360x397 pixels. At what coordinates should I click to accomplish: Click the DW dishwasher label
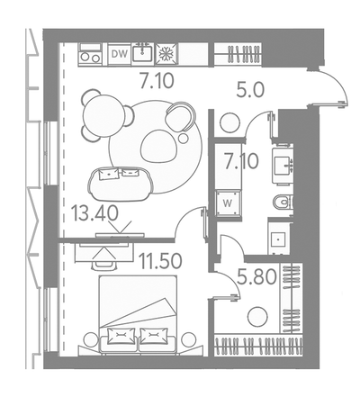click(120, 54)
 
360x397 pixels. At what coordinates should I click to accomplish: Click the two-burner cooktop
click(90, 55)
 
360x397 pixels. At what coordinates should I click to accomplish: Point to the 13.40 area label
click(94, 214)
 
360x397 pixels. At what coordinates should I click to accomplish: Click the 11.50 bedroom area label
click(161, 260)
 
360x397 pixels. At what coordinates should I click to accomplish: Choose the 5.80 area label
click(256, 277)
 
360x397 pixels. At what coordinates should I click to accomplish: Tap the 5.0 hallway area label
click(250, 90)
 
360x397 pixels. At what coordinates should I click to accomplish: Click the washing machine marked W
click(229, 203)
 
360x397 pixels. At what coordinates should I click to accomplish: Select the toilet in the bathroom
click(283, 202)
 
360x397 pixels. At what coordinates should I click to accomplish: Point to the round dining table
click(103, 115)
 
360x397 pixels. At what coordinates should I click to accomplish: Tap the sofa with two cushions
click(121, 184)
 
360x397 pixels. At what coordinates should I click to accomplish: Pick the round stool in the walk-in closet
click(257, 316)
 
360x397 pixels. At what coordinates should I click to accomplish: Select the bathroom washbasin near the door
click(283, 165)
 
